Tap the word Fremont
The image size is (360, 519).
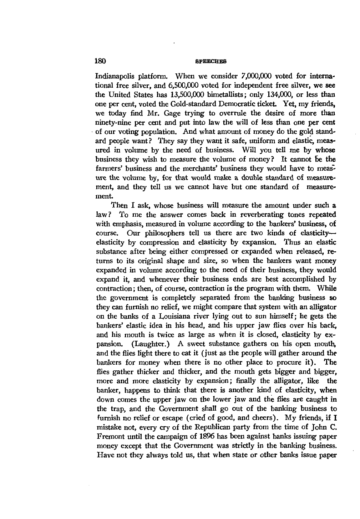coord(110,436)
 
